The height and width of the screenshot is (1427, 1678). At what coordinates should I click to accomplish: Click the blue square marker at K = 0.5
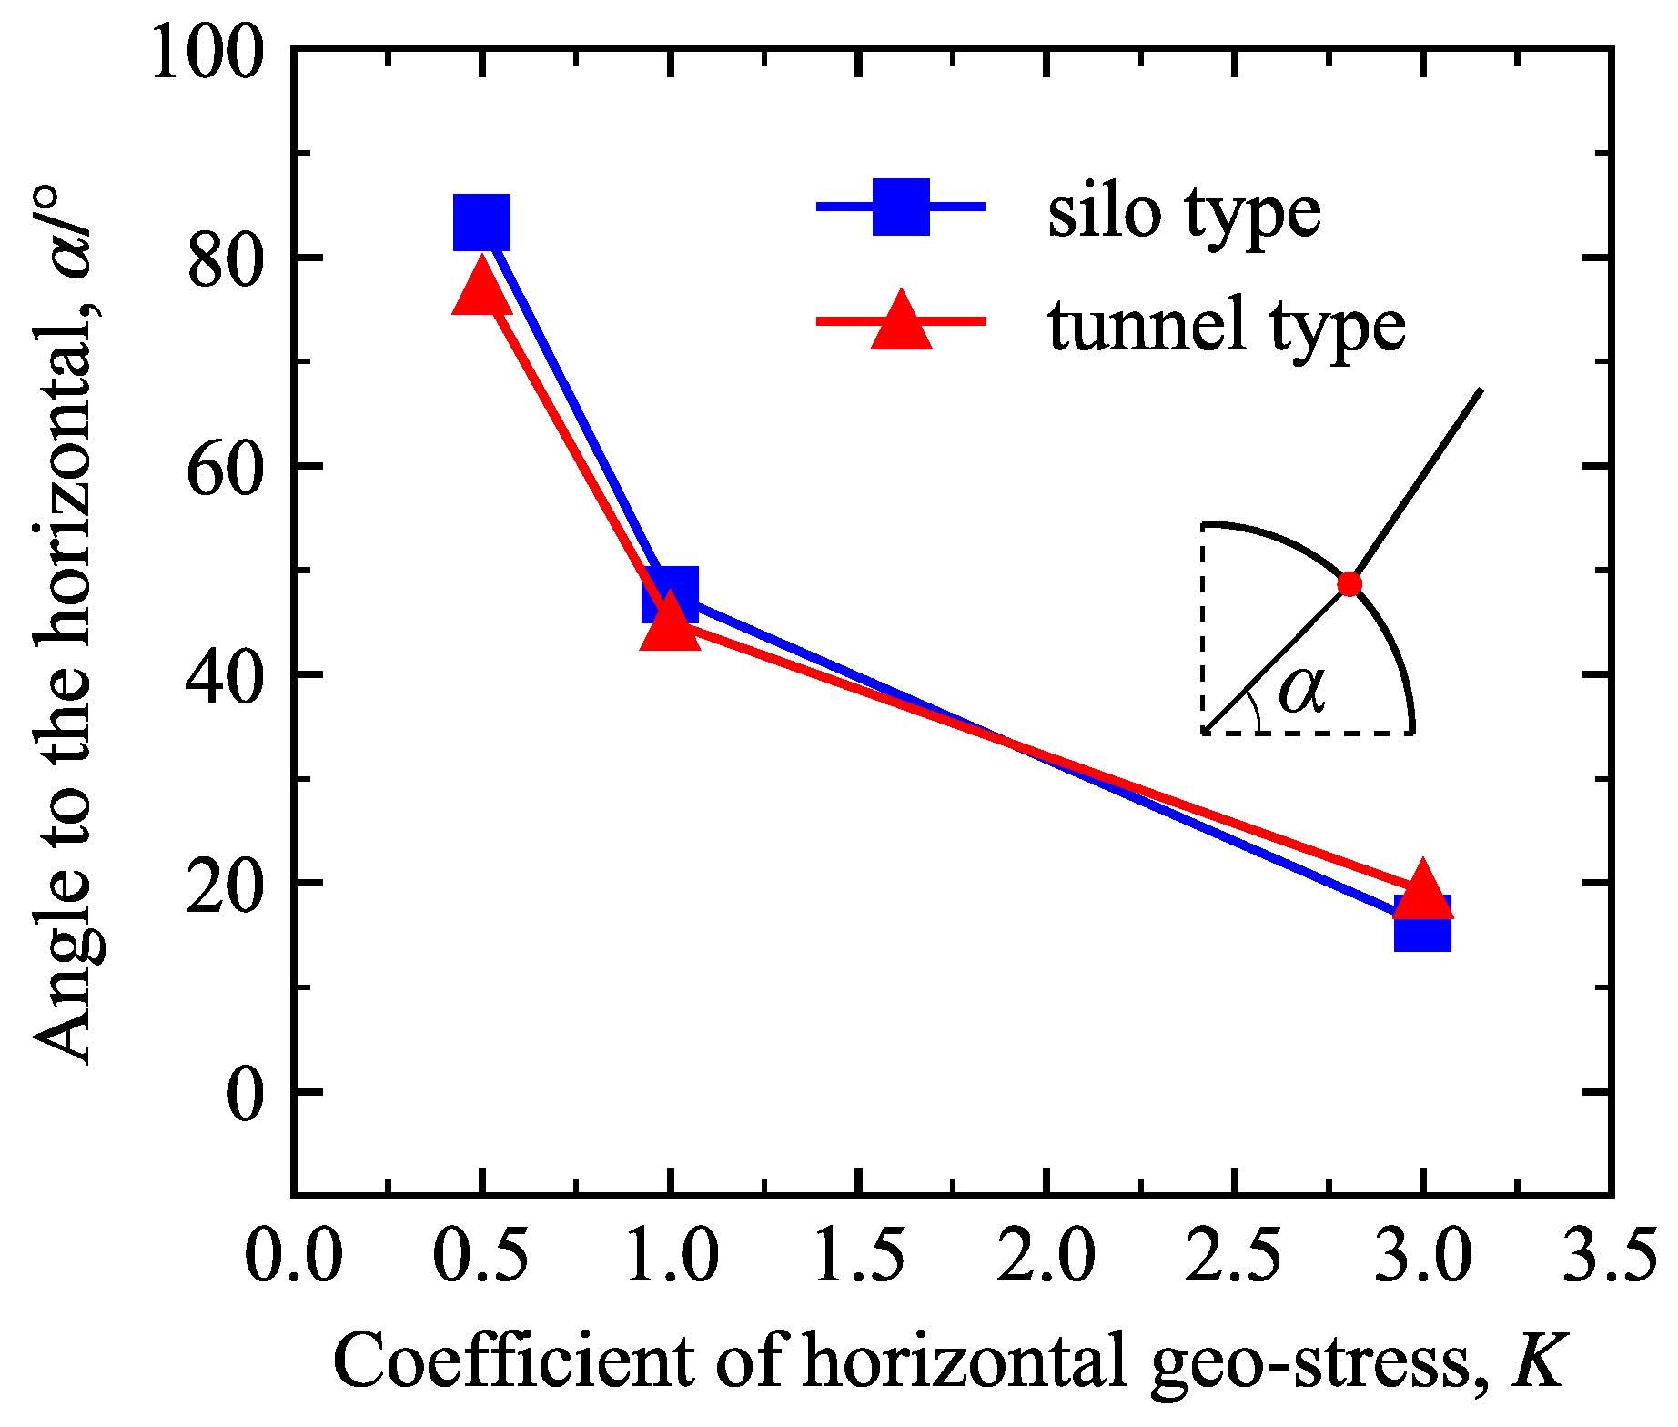(481, 221)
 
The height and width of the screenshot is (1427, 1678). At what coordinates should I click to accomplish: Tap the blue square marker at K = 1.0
(671, 593)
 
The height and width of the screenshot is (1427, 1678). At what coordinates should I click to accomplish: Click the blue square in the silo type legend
(901, 207)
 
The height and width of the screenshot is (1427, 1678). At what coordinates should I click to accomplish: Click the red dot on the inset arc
(1349, 584)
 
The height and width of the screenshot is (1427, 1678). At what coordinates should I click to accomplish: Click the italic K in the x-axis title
(1539, 1361)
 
